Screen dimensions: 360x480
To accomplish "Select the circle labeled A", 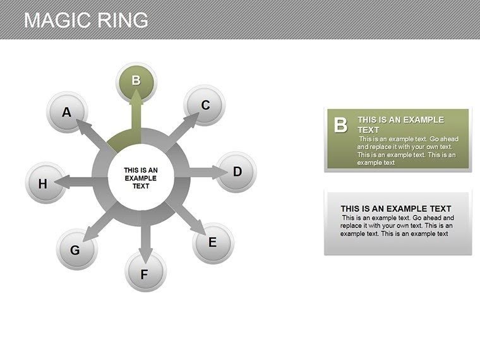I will tap(66, 113).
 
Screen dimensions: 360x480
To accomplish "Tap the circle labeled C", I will tap(205, 105).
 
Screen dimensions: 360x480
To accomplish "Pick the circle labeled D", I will tap(237, 172).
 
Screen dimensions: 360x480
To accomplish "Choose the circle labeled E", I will tap(213, 243).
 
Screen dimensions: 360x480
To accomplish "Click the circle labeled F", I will tap(145, 274).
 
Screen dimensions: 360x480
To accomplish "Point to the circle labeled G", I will tap(75, 250).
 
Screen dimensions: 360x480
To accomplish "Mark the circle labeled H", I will tap(44, 184).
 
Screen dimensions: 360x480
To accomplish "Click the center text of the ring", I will tap(141, 178).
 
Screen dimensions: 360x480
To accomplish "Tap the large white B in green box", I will tap(340, 125).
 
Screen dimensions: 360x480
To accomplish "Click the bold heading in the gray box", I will tap(396, 208).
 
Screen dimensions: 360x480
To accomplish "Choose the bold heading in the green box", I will tap(400, 124).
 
